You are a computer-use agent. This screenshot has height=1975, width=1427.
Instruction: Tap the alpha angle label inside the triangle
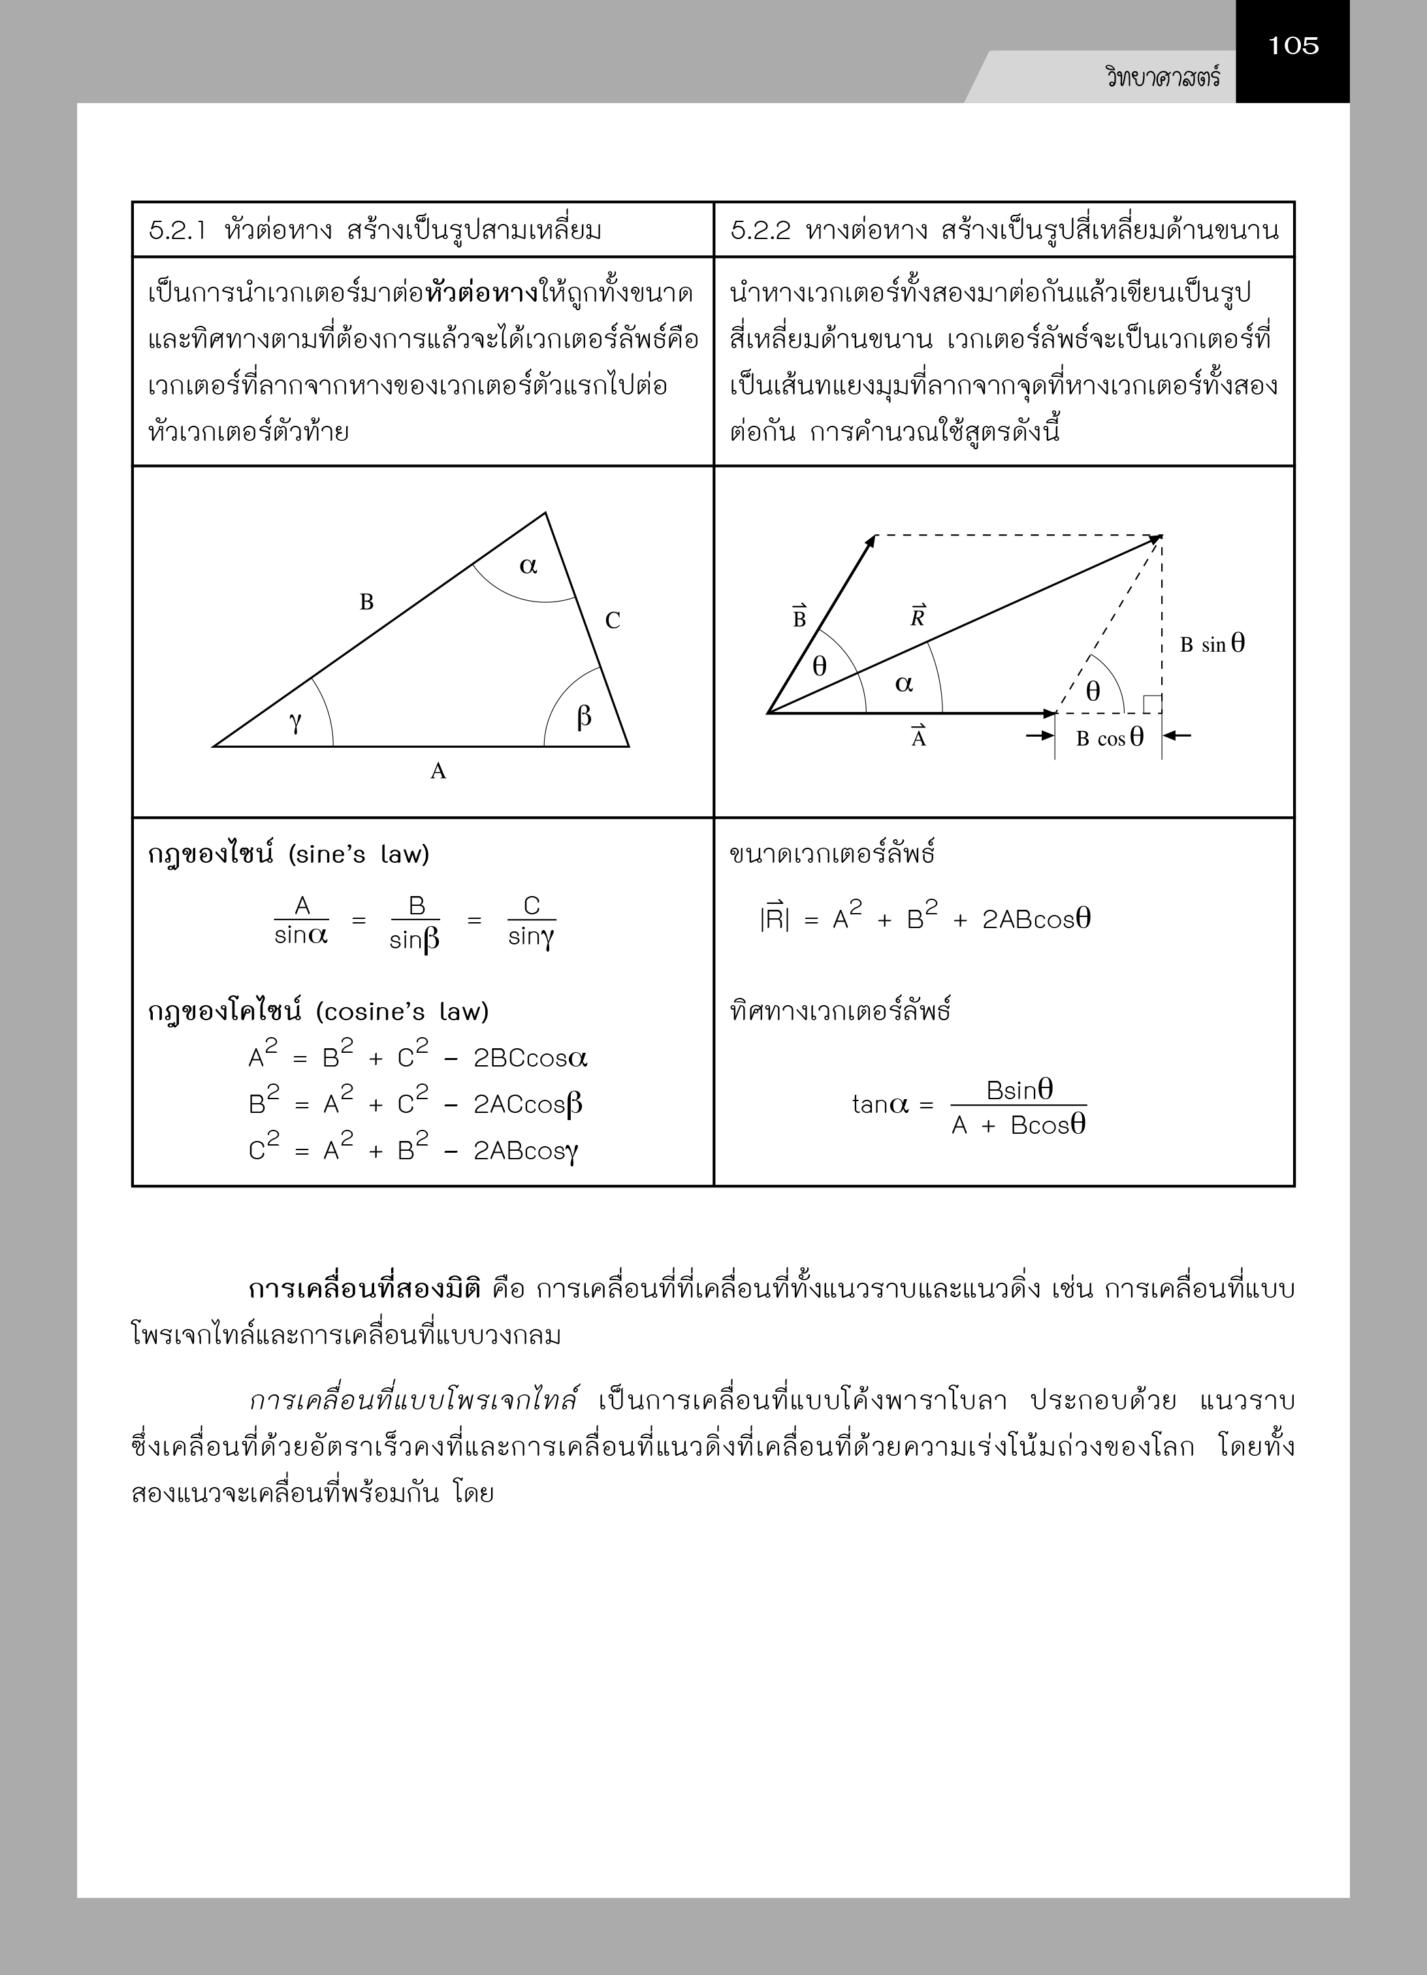click(528, 566)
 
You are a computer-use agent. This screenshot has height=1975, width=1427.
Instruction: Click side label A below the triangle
click(438, 771)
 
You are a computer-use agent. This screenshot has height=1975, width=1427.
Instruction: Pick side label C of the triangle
click(613, 621)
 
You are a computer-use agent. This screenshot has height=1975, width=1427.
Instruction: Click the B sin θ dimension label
click(1212, 645)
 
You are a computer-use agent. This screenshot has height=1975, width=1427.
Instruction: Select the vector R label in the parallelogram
click(918, 617)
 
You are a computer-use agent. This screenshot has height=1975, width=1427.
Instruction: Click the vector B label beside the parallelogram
click(799, 617)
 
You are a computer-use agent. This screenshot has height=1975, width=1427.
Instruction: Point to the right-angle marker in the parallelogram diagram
click(1152, 703)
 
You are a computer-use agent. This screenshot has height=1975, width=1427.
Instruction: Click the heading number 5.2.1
click(177, 231)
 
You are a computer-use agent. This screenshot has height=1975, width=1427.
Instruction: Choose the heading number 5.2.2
click(760, 231)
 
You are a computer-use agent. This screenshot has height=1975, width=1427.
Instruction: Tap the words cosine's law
click(402, 1012)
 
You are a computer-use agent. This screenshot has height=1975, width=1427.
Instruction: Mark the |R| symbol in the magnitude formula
click(774, 920)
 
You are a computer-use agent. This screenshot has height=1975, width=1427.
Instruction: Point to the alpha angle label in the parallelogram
click(904, 684)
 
